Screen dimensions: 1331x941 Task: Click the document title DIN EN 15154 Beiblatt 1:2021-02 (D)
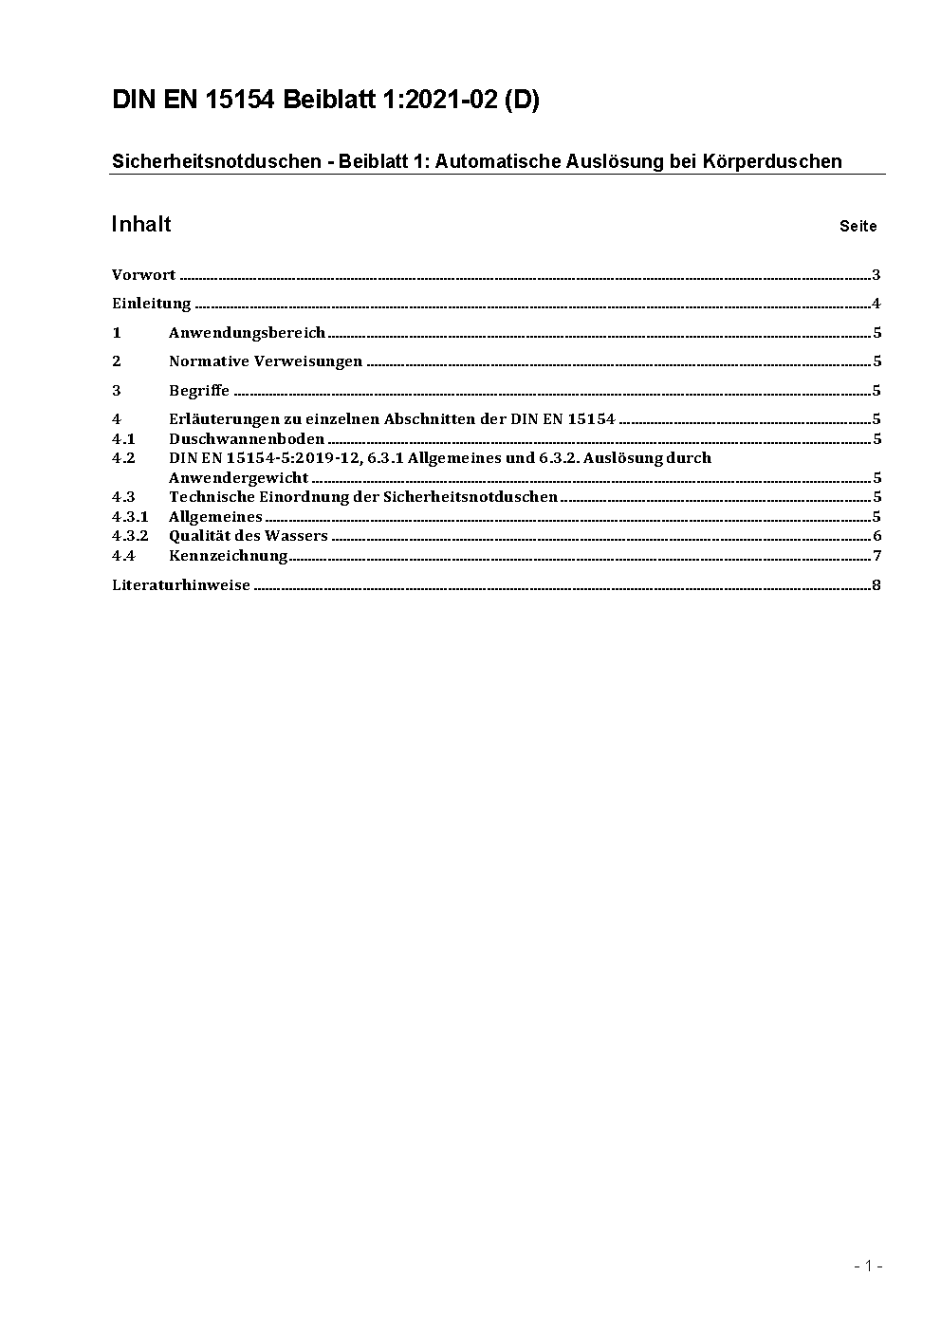(x=325, y=101)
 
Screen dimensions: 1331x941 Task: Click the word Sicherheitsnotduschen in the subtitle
(x=216, y=161)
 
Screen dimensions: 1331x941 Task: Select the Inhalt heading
(x=141, y=224)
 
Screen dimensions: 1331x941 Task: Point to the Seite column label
(x=858, y=226)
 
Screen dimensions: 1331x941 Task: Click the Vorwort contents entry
(x=144, y=275)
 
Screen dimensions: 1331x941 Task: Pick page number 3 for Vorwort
(x=876, y=275)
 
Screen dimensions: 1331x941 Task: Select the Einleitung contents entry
(x=152, y=304)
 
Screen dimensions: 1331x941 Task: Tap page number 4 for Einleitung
(x=876, y=304)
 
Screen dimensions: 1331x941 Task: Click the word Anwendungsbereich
(x=247, y=332)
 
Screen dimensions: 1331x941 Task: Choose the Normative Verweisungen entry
(x=266, y=360)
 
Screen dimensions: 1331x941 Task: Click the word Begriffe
(x=199, y=390)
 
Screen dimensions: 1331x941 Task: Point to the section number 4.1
(x=123, y=438)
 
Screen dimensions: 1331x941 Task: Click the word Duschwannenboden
(x=247, y=438)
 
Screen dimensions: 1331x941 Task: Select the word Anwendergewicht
(x=238, y=477)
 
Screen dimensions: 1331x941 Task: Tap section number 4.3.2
(x=130, y=535)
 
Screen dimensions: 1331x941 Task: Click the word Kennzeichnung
(x=228, y=555)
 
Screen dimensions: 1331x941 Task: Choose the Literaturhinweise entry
(x=181, y=584)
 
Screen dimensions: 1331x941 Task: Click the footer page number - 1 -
(x=868, y=1266)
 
